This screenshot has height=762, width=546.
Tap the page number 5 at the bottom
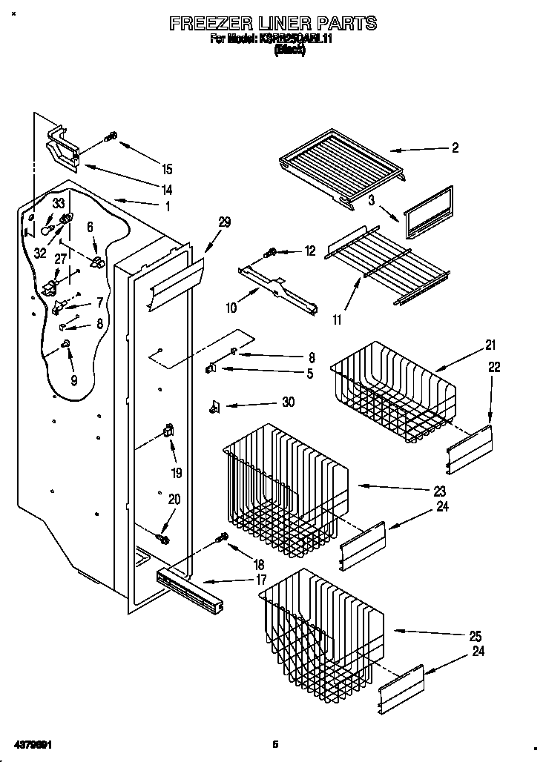pos(274,743)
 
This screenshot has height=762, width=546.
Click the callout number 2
pos(455,148)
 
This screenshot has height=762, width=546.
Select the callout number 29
pos(224,221)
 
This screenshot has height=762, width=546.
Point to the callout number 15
pos(167,168)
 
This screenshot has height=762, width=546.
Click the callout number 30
pos(288,402)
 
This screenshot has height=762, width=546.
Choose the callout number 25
pos(475,635)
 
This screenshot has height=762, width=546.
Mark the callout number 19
pos(176,471)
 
